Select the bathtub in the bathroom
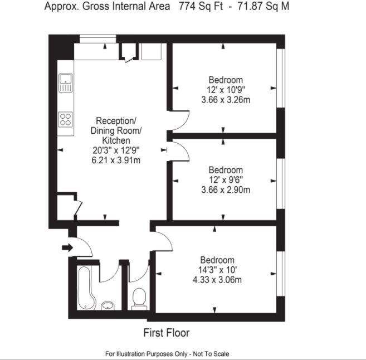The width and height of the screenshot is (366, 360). pyautogui.click(x=86, y=287)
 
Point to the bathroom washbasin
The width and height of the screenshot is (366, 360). pyautogui.click(x=108, y=305)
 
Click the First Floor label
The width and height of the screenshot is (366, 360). pyautogui.click(x=167, y=333)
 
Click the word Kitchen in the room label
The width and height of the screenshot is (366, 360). pyautogui.click(x=116, y=140)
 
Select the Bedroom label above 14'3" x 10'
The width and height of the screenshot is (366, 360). pyautogui.click(x=217, y=260)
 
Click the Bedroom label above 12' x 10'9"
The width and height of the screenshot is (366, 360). pyautogui.click(x=226, y=80)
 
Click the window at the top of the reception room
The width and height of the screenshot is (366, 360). pyautogui.click(x=97, y=38)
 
